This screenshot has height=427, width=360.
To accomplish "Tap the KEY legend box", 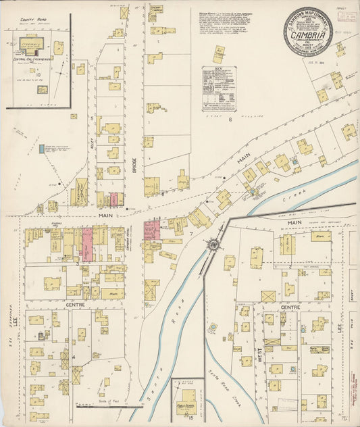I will pos(218,88).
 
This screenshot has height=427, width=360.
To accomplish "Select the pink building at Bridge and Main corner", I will pos(152,229).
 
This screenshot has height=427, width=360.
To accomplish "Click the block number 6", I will pos(230,120).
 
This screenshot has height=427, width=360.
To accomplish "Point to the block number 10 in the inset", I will pos(38,75).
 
